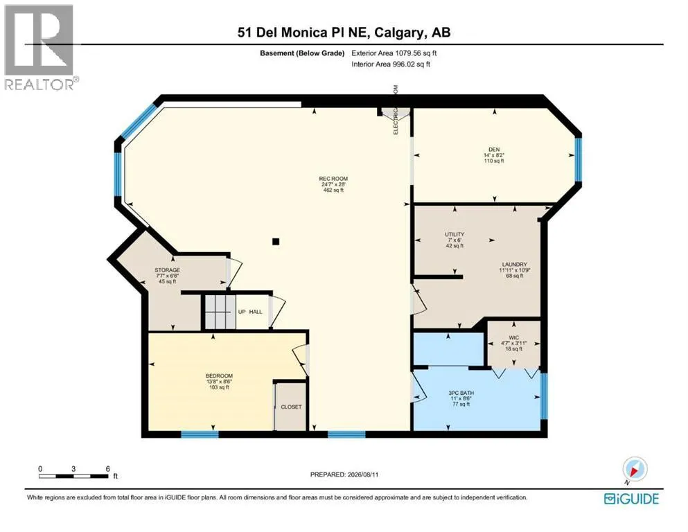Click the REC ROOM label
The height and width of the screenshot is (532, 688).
pyautogui.click(x=333, y=179)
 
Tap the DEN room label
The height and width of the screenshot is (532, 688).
pyautogui.click(x=494, y=150)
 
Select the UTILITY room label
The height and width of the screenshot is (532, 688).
pyautogui.click(x=455, y=234)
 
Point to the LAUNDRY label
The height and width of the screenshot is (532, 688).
pyautogui.click(x=515, y=265)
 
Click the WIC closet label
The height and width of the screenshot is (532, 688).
pyautogui.click(x=514, y=338)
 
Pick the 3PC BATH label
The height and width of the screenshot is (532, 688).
pyautogui.click(x=461, y=393)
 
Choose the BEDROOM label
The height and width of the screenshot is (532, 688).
pyautogui.click(x=219, y=376)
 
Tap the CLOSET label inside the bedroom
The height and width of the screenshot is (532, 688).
pyautogui.click(x=292, y=407)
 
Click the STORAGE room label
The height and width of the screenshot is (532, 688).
pyautogui.click(x=167, y=270)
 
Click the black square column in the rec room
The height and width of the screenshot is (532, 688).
pyautogui.click(x=276, y=242)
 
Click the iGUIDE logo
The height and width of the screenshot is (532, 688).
pyautogui.click(x=631, y=499)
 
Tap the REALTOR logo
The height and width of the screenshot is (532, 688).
pyautogui.click(x=39, y=47)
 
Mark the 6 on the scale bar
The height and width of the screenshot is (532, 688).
pyautogui.click(x=108, y=469)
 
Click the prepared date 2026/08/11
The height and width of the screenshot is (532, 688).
pyautogui.click(x=363, y=475)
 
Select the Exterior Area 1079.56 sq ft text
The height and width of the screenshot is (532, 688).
pyautogui.click(x=394, y=53)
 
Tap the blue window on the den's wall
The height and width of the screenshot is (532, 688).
pyautogui.click(x=579, y=159)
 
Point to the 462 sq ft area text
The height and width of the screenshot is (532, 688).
pyautogui.click(x=333, y=190)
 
